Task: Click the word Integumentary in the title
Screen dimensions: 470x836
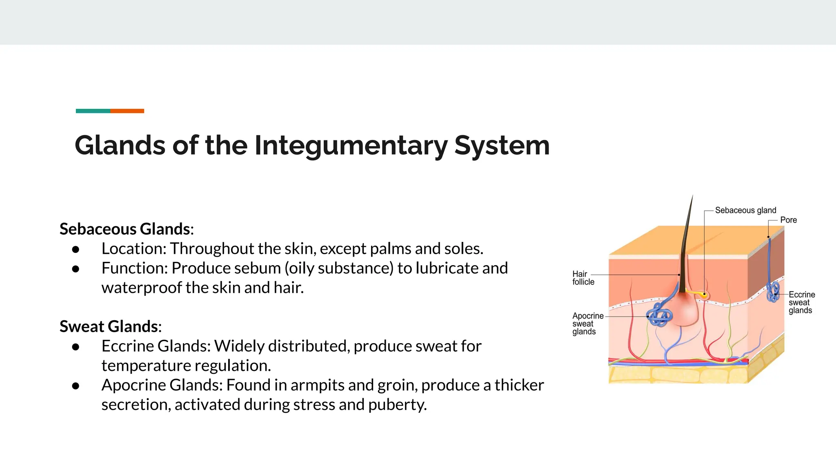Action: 351,146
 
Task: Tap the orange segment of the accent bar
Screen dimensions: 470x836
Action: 127,111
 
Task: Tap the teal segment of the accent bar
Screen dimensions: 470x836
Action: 93,111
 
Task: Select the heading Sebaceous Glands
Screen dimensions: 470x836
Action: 125,229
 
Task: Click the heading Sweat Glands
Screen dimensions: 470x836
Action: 109,326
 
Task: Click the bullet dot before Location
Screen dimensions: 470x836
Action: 76,249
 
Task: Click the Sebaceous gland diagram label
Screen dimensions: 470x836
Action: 745,211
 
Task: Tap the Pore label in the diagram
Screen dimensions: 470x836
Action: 788,220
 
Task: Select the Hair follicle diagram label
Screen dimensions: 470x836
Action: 583,278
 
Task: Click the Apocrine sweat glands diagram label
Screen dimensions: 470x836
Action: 587,324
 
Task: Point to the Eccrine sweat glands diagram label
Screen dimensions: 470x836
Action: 801,302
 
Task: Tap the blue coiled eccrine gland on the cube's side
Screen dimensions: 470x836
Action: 773,292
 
